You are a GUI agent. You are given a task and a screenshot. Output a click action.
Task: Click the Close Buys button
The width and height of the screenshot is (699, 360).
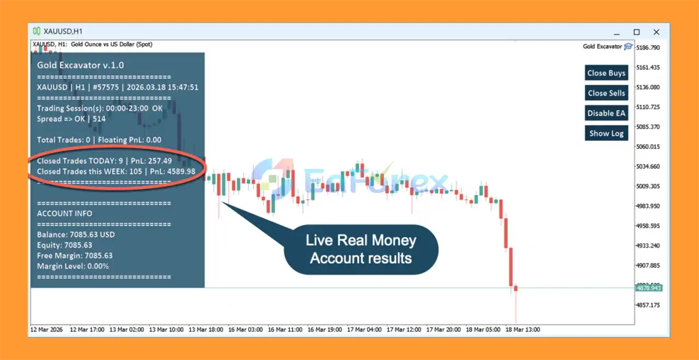point(606,73)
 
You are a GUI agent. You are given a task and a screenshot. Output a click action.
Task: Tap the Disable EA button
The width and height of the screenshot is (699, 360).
point(606,113)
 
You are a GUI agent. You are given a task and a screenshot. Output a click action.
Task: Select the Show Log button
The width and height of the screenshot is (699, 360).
point(606,133)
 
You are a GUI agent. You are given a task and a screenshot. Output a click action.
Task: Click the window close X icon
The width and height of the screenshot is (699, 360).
point(656,32)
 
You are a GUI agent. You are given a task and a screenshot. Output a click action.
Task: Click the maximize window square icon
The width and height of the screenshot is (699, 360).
point(637,32)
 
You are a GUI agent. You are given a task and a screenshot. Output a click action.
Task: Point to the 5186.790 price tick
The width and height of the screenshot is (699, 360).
point(648,48)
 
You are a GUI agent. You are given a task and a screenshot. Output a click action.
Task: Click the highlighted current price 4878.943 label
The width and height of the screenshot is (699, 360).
point(649,288)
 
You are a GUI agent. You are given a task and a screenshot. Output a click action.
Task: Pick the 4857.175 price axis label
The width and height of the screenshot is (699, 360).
point(648,305)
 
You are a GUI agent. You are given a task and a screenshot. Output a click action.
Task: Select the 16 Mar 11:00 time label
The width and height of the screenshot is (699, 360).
point(285,330)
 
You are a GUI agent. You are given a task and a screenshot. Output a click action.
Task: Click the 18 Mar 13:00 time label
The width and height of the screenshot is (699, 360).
point(523,330)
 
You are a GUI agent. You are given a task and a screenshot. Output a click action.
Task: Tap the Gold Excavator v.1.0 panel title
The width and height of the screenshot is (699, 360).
point(80,65)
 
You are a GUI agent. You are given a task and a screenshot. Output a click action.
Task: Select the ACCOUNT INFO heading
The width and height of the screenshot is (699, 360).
point(64,214)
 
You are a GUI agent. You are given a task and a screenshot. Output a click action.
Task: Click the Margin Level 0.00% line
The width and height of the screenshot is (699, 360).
point(73,267)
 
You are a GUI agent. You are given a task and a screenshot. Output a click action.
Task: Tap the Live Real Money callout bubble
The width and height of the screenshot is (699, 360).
point(361,250)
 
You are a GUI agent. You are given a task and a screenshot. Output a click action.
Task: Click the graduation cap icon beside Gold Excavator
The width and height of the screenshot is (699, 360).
point(628,46)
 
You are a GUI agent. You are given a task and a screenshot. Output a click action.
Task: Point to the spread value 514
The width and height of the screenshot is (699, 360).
point(99,119)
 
